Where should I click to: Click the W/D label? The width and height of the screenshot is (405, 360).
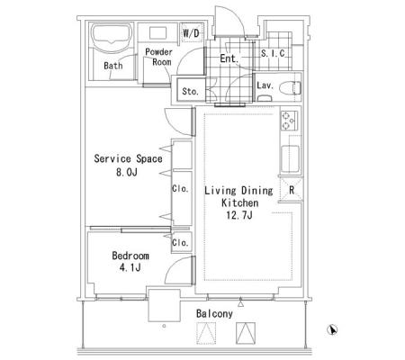191,33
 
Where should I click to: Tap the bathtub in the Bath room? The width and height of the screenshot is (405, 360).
112,35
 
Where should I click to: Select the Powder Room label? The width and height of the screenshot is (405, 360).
159,57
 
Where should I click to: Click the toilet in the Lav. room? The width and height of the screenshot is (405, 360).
290,88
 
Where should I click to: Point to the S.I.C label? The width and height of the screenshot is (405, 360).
273,53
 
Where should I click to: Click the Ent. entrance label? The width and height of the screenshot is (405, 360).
229,58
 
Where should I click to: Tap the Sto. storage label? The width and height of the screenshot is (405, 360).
190,91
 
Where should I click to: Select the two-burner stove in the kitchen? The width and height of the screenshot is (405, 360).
289,121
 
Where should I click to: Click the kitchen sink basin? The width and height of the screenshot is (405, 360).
291,159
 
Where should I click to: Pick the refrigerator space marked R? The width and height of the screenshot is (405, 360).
291,190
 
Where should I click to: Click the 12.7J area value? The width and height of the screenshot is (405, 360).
239,215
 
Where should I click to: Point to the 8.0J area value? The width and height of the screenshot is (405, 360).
127,172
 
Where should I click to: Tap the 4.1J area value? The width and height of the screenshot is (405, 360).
130,267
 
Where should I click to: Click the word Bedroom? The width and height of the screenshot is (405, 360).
130,256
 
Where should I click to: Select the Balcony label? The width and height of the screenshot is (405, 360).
214,313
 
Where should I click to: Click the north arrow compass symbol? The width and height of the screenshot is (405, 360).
332,329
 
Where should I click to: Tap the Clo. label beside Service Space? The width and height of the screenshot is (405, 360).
180,189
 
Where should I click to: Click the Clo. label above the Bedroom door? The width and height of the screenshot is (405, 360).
180,242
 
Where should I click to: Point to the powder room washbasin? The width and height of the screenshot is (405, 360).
157,33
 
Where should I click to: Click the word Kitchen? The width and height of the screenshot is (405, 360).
240,202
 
